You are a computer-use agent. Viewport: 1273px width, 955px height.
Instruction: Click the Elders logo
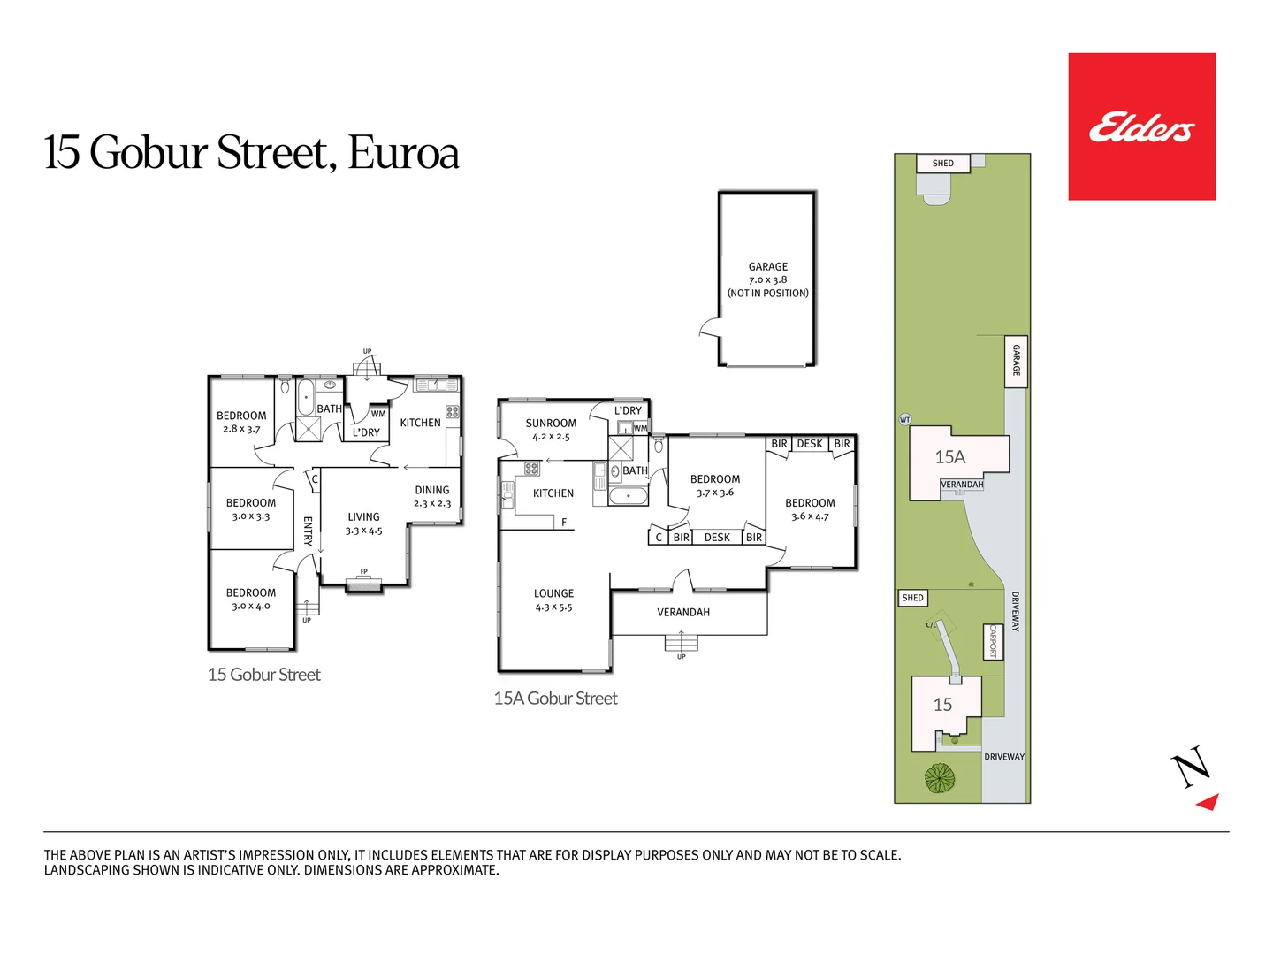pyautogui.click(x=1141, y=127)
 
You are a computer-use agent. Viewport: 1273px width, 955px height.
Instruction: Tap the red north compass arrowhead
pyautogui.click(x=1208, y=801)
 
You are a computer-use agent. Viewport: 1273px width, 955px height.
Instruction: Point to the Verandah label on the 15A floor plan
pyautogui.click(x=683, y=612)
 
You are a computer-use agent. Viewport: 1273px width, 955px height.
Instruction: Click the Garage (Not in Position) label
pyautogui.click(x=767, y=279)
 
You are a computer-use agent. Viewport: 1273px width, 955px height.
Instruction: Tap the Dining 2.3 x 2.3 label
pyautogui.click(x=432, y=496)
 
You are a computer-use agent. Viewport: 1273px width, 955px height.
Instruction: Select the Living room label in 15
pyautogui.click(x=363, y=523)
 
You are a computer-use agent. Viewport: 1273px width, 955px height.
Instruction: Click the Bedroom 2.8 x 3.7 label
pyautogui.click(x=241, y=422)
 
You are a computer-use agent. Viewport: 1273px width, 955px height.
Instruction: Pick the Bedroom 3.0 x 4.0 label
pyautogui.click(x=250, y=599)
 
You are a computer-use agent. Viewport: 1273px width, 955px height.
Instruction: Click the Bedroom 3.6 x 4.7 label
pyautogui.click(x=810, y=508)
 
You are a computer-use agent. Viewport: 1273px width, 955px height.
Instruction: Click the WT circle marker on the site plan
pyautogui.click(x=904, y=419)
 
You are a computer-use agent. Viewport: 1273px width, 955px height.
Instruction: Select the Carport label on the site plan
pyautogui.click(x=993, y=641)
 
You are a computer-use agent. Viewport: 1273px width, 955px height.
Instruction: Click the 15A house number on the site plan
pyautogui.click(x=950, y=457)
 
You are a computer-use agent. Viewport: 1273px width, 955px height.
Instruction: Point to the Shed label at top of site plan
pyautogui.click(x=943, y=163)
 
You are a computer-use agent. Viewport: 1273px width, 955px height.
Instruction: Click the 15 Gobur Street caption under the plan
pyautogui.click(x=263, y=675)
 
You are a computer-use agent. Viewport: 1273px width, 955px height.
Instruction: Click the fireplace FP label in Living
pyautogui.click(x=363, y=571)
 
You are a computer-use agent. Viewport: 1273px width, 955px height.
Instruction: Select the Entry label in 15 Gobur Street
pyautogui.click(x=308, y=531)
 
